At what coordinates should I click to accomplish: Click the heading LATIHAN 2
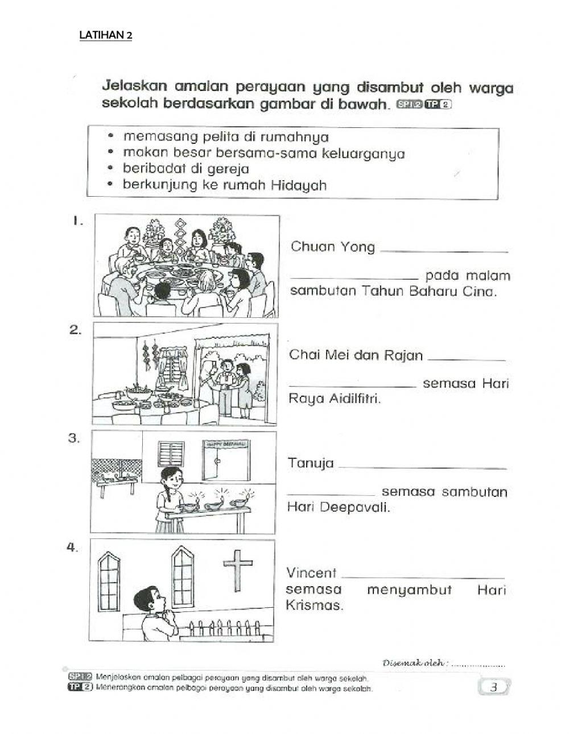pyautogui.click(x=106, y=35)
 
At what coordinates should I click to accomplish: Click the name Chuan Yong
pyautogui.click(x=332, y=247)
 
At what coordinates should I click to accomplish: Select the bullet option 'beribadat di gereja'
pyautogui.click(x=185, y=169)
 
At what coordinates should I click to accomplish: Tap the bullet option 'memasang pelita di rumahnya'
pyautogui.click(x=225, y=137)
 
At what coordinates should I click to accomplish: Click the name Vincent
pyautogui.click(x=311, y=573)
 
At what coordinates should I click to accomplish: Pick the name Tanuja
pyautogui.click(x=311, y=463)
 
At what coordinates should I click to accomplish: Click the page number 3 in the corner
pyautogui.click(x=494, y=687)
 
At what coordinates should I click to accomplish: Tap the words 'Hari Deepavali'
pyautogui.click(x=339, y=507)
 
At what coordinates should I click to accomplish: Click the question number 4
pyautogui.click(x=72, y=548)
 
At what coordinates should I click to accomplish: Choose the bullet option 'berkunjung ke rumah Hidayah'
pyautogui.click(x=224, y=185)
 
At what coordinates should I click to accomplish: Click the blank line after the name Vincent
pyautogui.click(x=424, y=577)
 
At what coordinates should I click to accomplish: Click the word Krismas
pyautogui.click(x=314, y=606)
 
